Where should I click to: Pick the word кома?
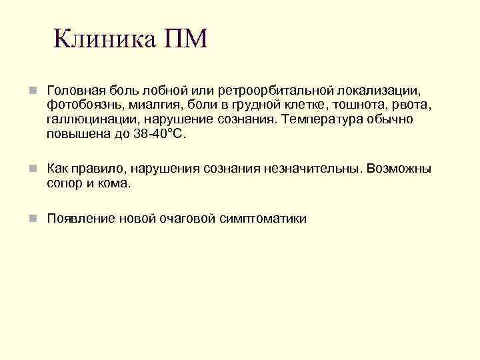click(114, 183)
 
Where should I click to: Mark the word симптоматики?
click(263, 219)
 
